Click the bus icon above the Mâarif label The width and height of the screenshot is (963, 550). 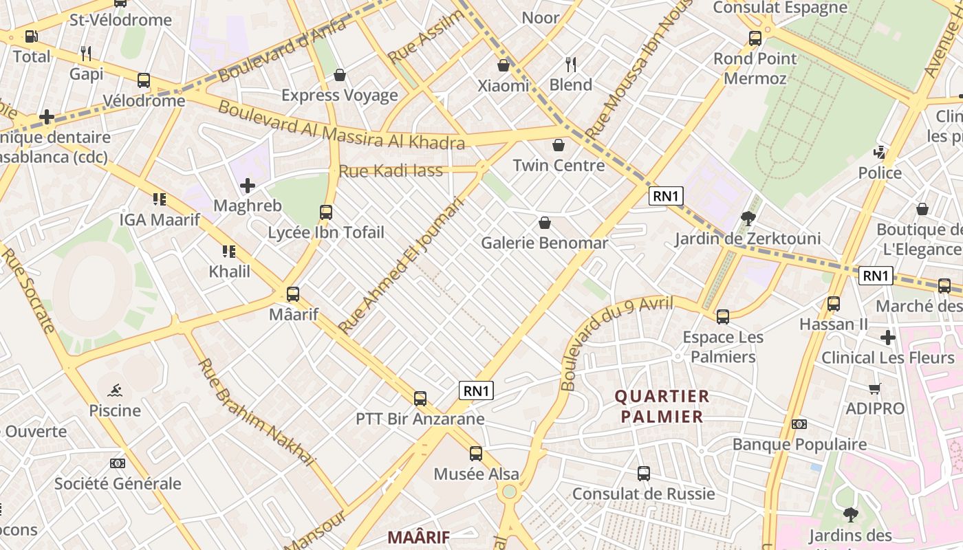tap(293, 294)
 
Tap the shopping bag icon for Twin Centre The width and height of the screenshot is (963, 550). tap(559, 145)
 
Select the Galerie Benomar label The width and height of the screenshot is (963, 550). tap(544, 243)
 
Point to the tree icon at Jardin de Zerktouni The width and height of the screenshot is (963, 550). tap(748, 219)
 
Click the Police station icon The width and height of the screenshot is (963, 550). tap(879, 152)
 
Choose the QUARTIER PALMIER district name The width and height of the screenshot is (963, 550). tap(662, 406)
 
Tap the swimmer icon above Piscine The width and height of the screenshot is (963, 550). tap(115, 390)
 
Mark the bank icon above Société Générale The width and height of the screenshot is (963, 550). tap(118, 463)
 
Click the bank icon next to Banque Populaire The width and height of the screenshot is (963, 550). tap(799, 424)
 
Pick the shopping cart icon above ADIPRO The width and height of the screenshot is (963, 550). tap(875, 389)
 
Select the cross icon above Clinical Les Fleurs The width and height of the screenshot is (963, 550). tap(888, 338)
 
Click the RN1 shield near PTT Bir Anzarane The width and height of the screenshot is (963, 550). tap(477, 391)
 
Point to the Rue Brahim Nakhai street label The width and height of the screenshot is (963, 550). tap(256, 412)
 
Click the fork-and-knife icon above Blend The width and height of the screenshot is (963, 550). tap(571, 65)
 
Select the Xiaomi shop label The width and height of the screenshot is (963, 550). tap(504, 86)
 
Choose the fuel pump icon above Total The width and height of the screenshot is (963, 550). tap(32, 36)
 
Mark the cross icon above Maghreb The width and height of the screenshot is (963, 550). tap(248, 186)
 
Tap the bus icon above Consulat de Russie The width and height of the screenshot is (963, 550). tap(644, 474)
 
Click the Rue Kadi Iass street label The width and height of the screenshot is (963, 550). tap(391, 171)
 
